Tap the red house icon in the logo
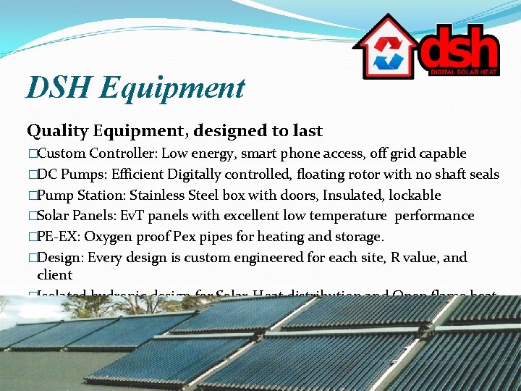click(x=385, y=50)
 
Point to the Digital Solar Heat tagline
click(x=463, y=72)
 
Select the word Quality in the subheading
click(x=57, y=132)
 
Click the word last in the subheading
click(x=307, y=131)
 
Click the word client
click(x=55, y=275)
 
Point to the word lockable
click(x=415, y=195)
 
